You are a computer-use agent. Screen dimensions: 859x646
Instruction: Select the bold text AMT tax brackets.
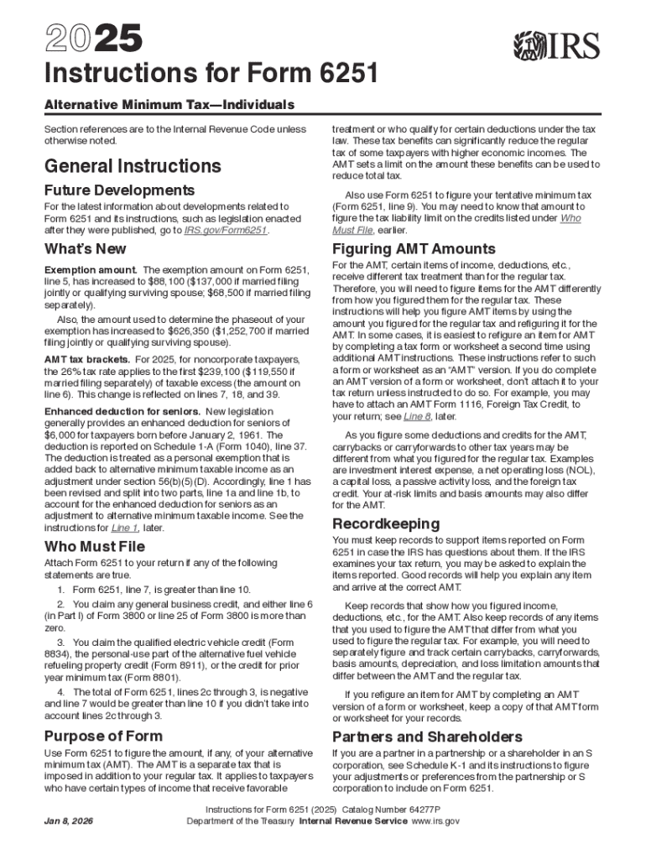(86, 357)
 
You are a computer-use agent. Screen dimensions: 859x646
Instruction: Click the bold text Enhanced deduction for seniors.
(122, 412)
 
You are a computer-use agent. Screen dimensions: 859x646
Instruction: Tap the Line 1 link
(124, 528)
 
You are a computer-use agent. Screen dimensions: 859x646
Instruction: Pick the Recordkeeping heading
(386, 524)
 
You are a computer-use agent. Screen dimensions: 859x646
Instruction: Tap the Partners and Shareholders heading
(427, 737)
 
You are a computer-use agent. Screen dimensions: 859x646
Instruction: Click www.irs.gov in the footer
(434, 821)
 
